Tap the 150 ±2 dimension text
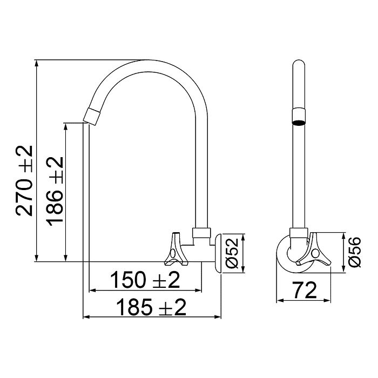[145, 280]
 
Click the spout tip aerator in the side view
[93, 115]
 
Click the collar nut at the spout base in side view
[200, 233]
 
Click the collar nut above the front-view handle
[299, 234]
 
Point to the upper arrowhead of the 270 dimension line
[37, 63]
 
